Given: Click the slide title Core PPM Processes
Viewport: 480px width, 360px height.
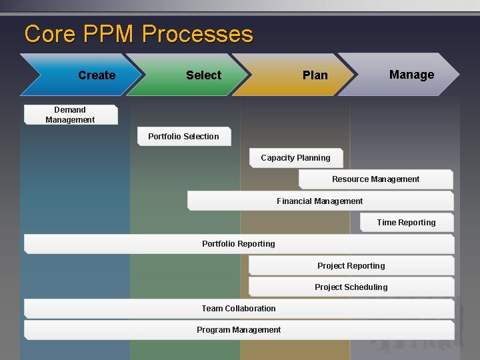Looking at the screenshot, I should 139,34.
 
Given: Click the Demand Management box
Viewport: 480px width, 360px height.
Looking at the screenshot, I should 71,115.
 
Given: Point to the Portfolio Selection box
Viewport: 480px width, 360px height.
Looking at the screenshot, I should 183,137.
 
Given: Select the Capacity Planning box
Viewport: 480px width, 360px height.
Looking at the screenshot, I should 296,158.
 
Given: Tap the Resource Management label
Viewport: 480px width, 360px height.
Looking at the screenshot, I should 376,179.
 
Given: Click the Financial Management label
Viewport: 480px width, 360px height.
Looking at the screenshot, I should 320,201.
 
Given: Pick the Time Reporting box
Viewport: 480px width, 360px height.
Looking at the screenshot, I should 407,223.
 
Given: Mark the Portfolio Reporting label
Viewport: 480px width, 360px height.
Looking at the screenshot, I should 239,244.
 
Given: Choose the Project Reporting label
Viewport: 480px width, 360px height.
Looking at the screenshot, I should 351,266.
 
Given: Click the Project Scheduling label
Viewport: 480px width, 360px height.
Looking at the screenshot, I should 351,287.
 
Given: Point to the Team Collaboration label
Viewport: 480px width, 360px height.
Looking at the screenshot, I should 239,309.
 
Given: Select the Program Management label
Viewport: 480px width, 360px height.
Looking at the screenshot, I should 239,330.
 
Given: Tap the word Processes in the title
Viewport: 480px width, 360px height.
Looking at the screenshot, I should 198,34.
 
